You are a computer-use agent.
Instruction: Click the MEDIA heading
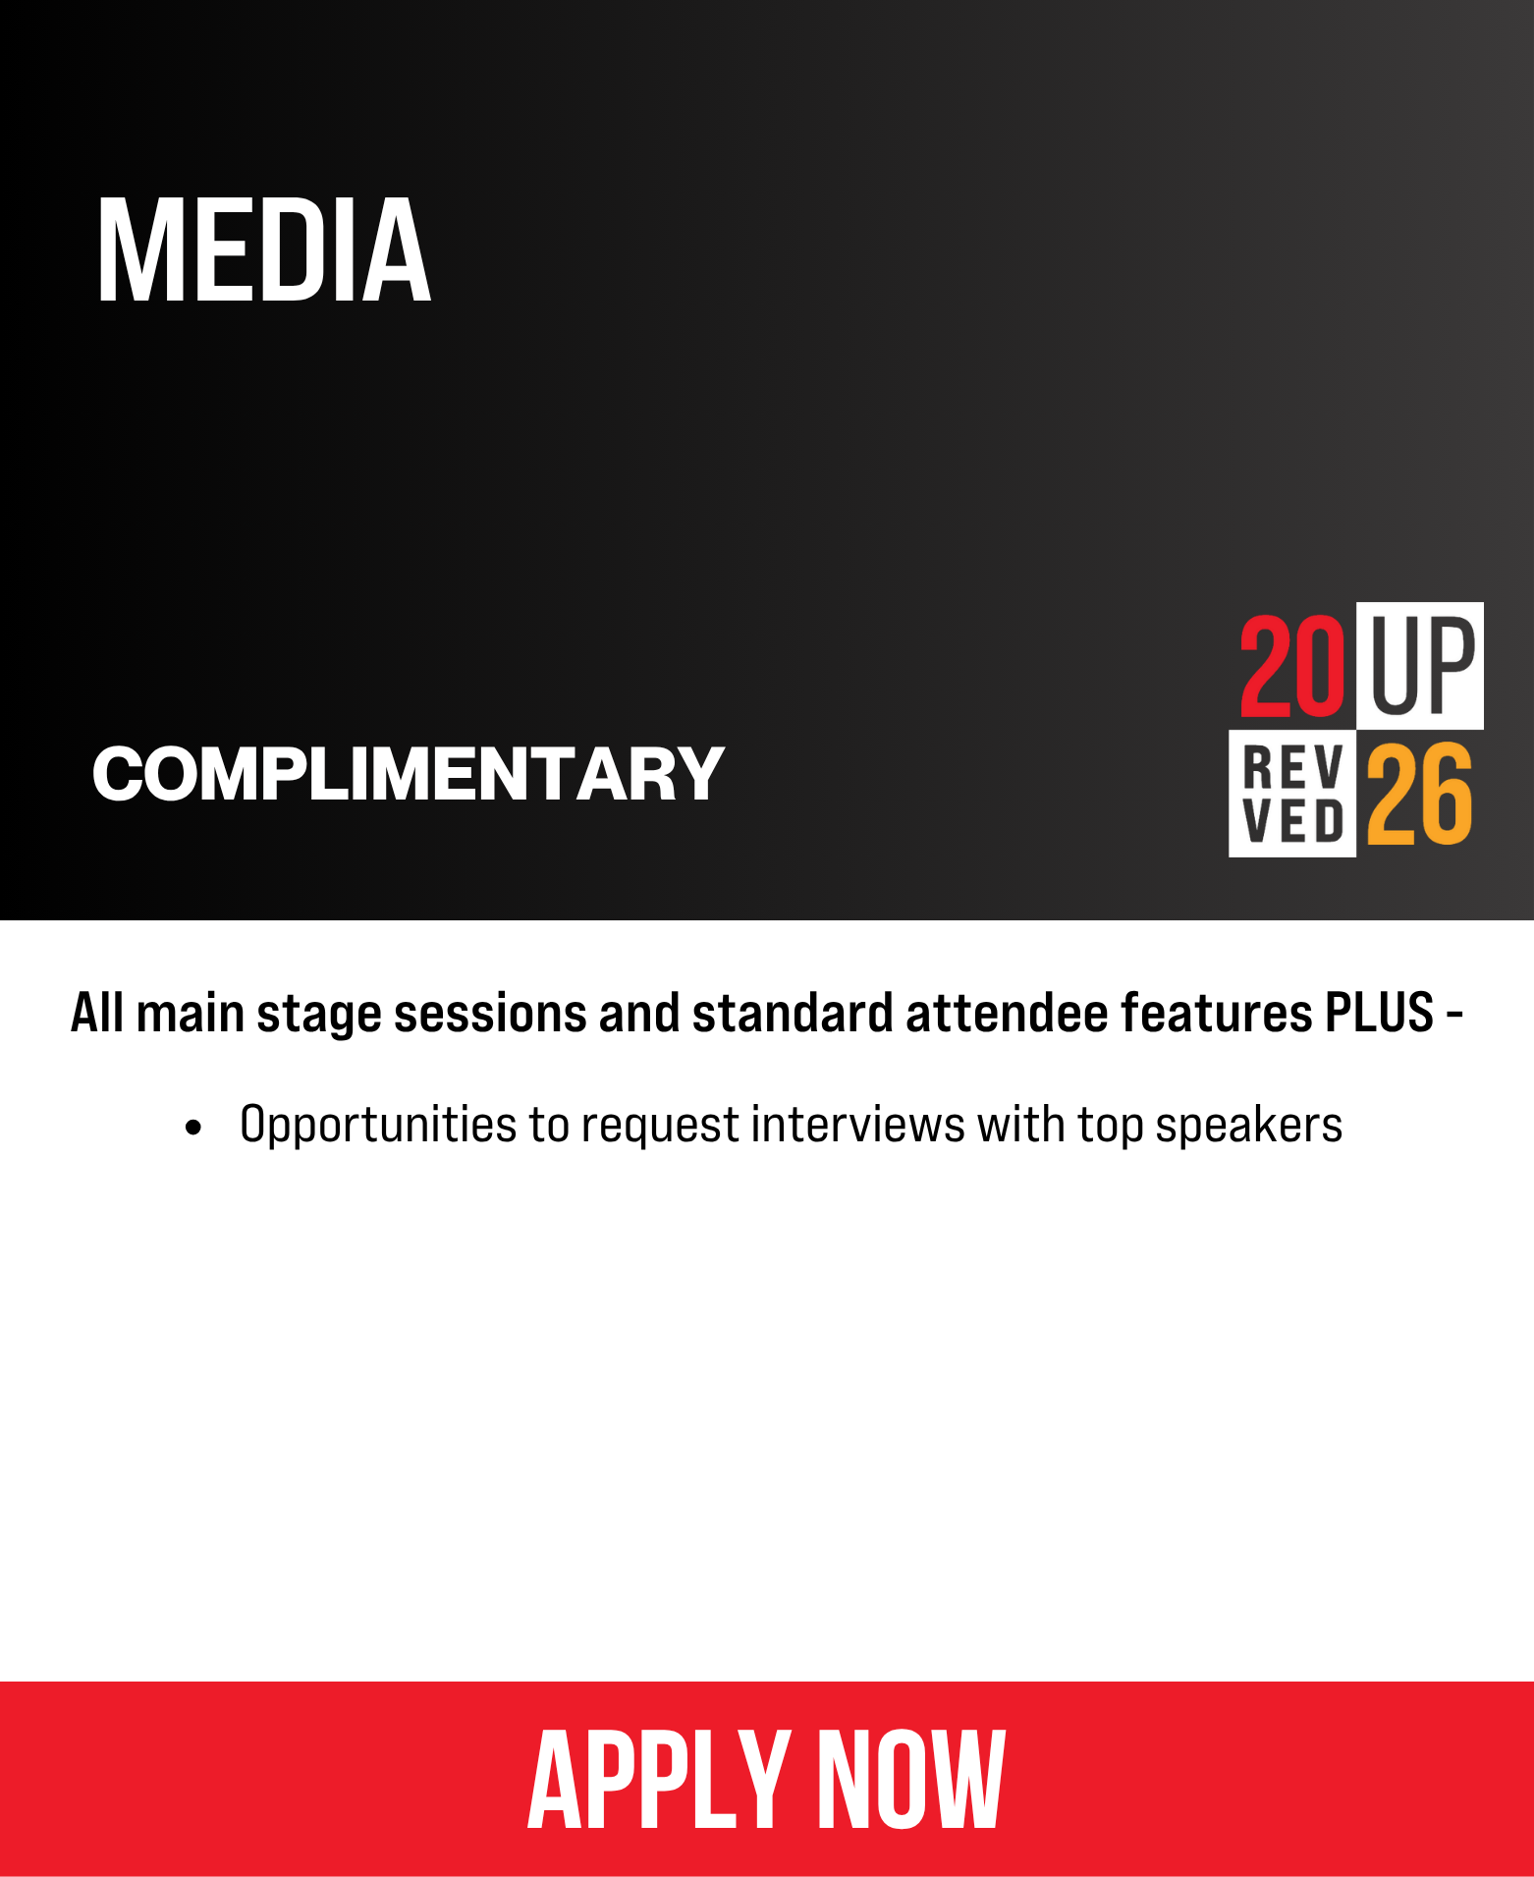263,249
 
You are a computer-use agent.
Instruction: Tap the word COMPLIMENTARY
408,774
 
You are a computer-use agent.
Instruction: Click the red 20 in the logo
1291,666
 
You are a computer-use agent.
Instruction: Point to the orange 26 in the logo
1419,794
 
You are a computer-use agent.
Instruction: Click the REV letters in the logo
1293,767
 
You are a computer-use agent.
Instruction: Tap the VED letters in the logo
1293,821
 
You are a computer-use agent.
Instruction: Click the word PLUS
1379,1013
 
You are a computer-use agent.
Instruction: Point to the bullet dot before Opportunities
193,1128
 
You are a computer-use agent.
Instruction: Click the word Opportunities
378,1126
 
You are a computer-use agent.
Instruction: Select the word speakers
1248,1126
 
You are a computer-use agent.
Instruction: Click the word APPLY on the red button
658,1780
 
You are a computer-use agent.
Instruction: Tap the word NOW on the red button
911,1780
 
